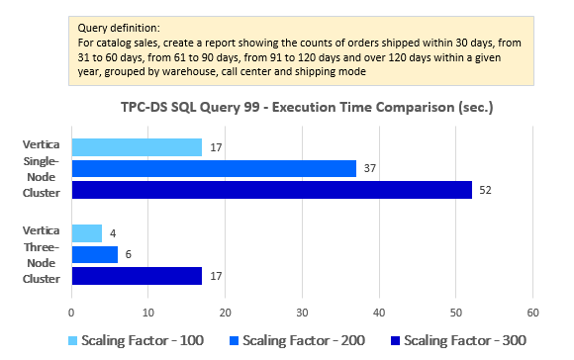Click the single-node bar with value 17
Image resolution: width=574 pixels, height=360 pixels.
137,147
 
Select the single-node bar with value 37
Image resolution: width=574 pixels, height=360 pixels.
214,168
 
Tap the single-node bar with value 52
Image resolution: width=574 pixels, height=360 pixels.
271,190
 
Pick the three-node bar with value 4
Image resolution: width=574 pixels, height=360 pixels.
87,233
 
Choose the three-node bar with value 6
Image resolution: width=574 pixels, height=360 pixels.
95,254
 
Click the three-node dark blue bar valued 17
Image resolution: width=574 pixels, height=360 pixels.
137,276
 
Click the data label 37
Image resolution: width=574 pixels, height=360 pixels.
369,168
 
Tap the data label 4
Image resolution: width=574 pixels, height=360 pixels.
112,233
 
